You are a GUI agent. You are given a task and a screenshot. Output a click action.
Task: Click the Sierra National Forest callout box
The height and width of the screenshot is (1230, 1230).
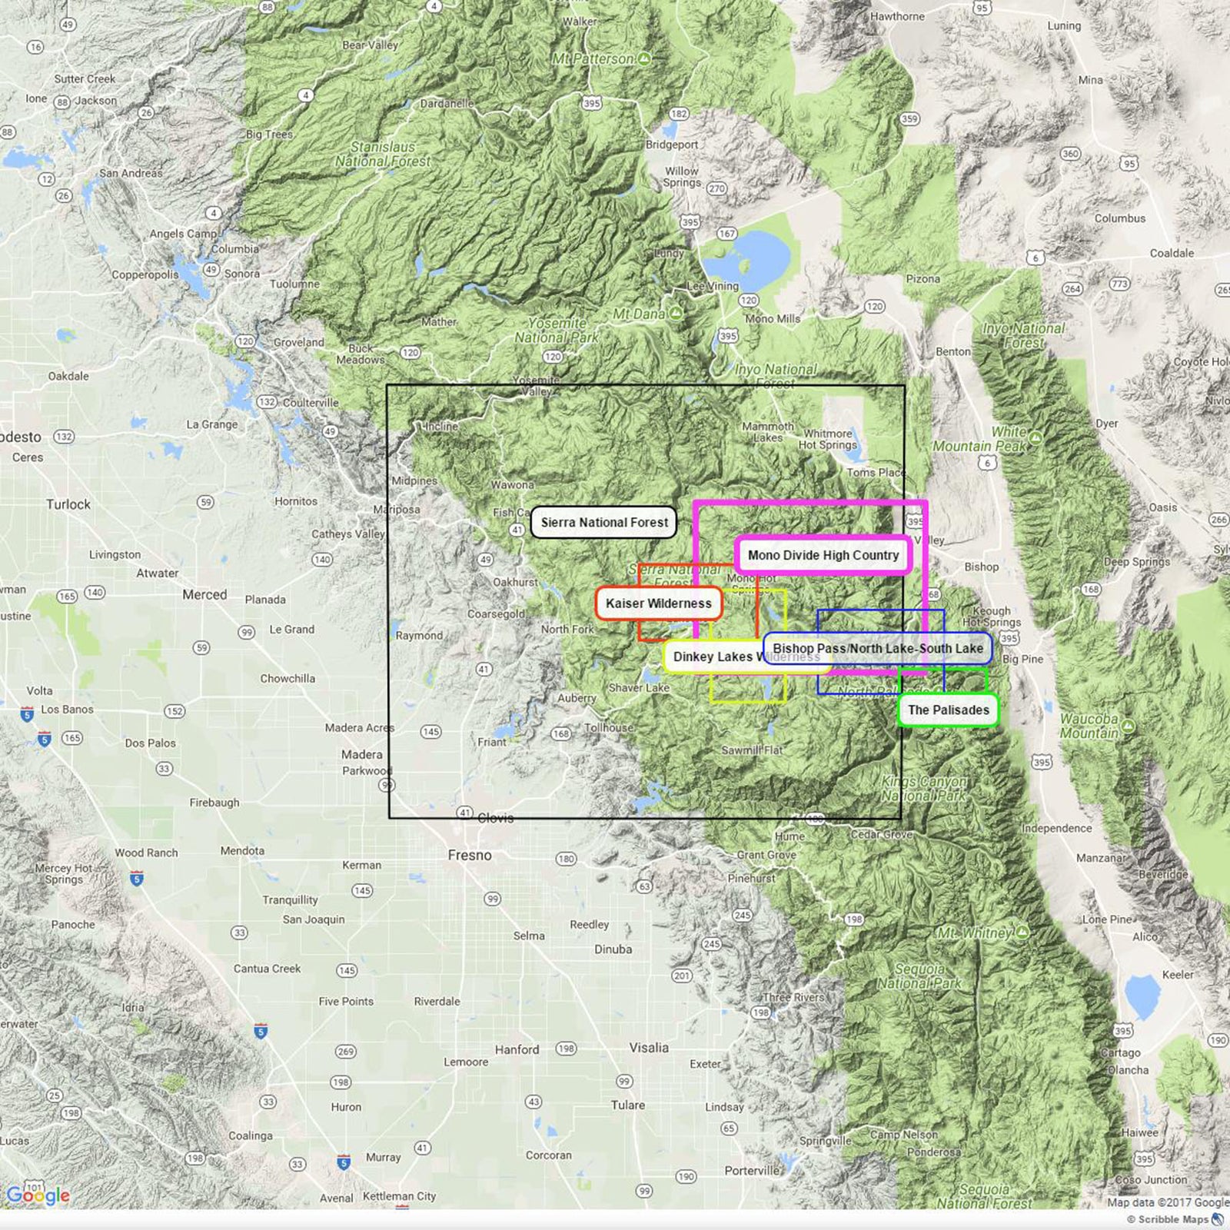[604, 523]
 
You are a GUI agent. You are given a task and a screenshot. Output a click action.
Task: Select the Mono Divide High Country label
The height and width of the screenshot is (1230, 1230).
[823, 555]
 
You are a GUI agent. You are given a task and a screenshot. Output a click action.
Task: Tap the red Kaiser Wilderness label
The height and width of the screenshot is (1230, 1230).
[659, 603]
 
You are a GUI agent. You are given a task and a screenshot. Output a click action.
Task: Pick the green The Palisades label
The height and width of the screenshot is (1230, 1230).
[948, 710]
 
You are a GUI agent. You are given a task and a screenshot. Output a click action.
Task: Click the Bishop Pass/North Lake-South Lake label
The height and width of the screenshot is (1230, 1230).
[877, 649]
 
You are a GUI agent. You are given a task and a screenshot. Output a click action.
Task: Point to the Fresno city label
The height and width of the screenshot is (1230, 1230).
[470, 856]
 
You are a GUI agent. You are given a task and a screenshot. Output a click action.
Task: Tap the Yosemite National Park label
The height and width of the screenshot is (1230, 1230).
[556, 331]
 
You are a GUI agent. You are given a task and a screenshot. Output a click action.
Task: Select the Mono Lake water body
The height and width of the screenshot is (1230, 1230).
[748, 258]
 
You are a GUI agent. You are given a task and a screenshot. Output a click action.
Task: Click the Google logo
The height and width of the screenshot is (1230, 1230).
[38, 1195]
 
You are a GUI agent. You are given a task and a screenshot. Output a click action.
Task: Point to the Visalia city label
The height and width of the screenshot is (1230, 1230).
[649, 1048]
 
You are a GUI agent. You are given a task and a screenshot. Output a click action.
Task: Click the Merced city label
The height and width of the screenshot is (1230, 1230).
[204, 595]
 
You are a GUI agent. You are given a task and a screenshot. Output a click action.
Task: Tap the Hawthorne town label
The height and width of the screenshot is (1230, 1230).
[897, 16]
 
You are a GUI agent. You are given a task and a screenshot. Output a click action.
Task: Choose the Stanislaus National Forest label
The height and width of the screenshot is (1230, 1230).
[383, 154]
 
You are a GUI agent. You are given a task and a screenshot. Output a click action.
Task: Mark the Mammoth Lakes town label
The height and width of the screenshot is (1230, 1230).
[768, 432]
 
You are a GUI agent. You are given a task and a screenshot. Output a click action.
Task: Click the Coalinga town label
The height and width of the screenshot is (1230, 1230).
[250, 1135]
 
